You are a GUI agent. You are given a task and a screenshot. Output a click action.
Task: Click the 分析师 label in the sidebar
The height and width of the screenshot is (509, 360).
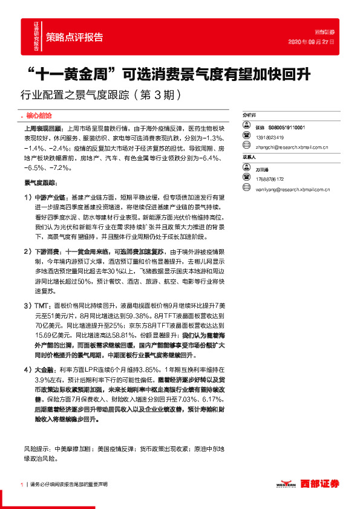tap(249, 114)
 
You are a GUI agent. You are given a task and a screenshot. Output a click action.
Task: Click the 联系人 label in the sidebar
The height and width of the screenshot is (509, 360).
tap(249, 157)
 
